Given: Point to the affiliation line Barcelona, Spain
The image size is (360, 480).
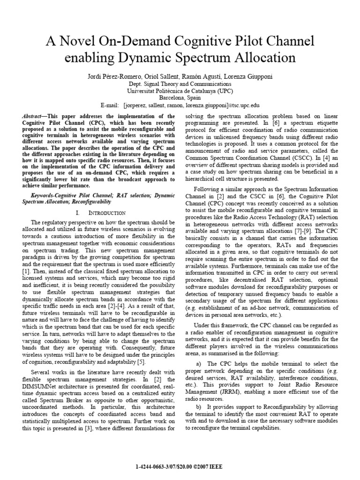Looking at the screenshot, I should (180, 98).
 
